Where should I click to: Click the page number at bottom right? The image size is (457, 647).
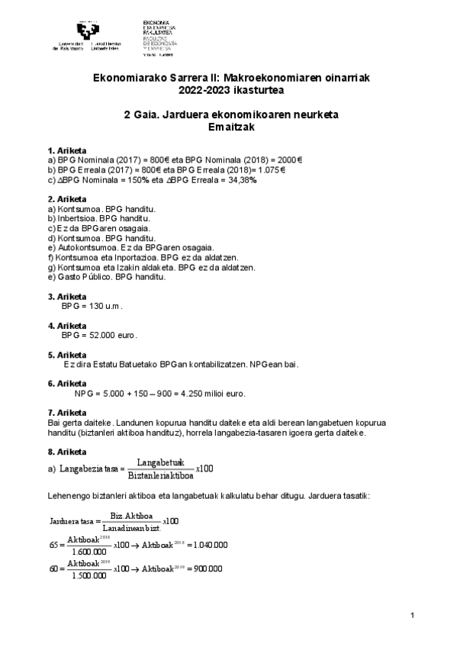(412, 616)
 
